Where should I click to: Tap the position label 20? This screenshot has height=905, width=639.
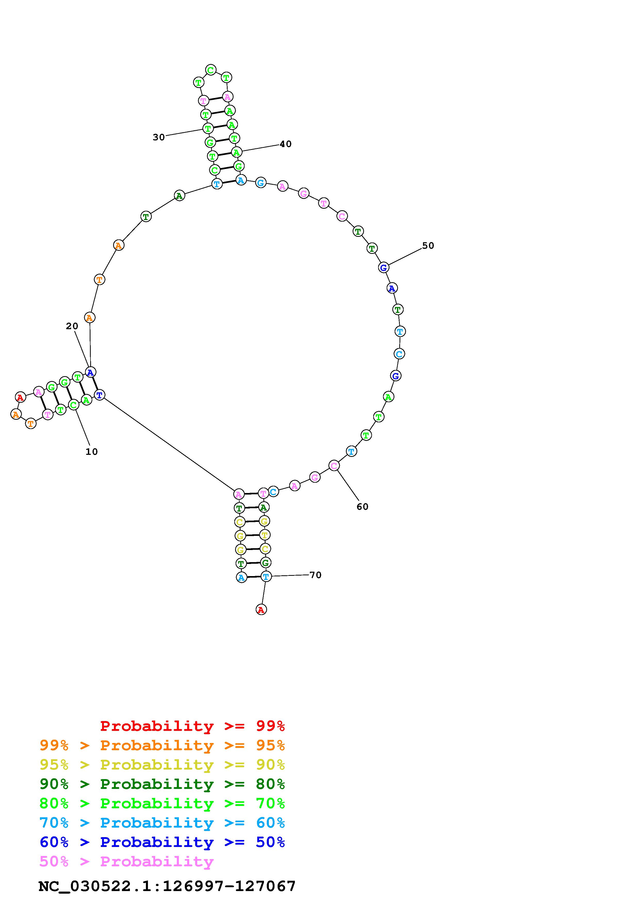pyautogui.click(x=72, y=326)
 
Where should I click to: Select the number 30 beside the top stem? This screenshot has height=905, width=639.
pyautogui.click(x=159, y=137)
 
